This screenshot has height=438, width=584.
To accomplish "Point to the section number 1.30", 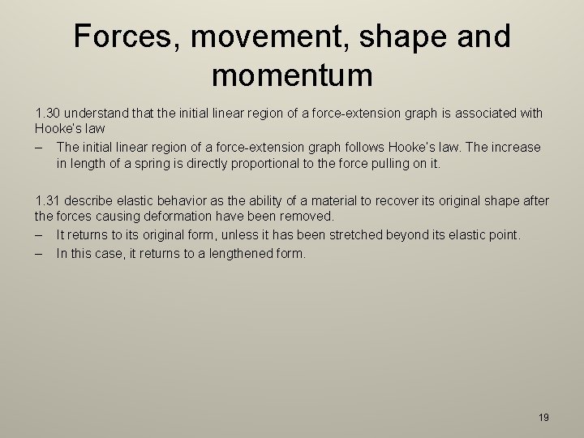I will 49,114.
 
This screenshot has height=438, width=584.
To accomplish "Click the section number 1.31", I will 49,200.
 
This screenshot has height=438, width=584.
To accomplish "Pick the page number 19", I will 543,418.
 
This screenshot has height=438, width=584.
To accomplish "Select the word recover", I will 392,200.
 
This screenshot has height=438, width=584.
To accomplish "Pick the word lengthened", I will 238,253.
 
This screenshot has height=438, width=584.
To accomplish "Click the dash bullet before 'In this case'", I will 39,253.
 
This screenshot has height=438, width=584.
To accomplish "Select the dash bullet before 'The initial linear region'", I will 39,147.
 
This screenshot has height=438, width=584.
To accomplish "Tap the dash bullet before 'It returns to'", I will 39,234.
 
